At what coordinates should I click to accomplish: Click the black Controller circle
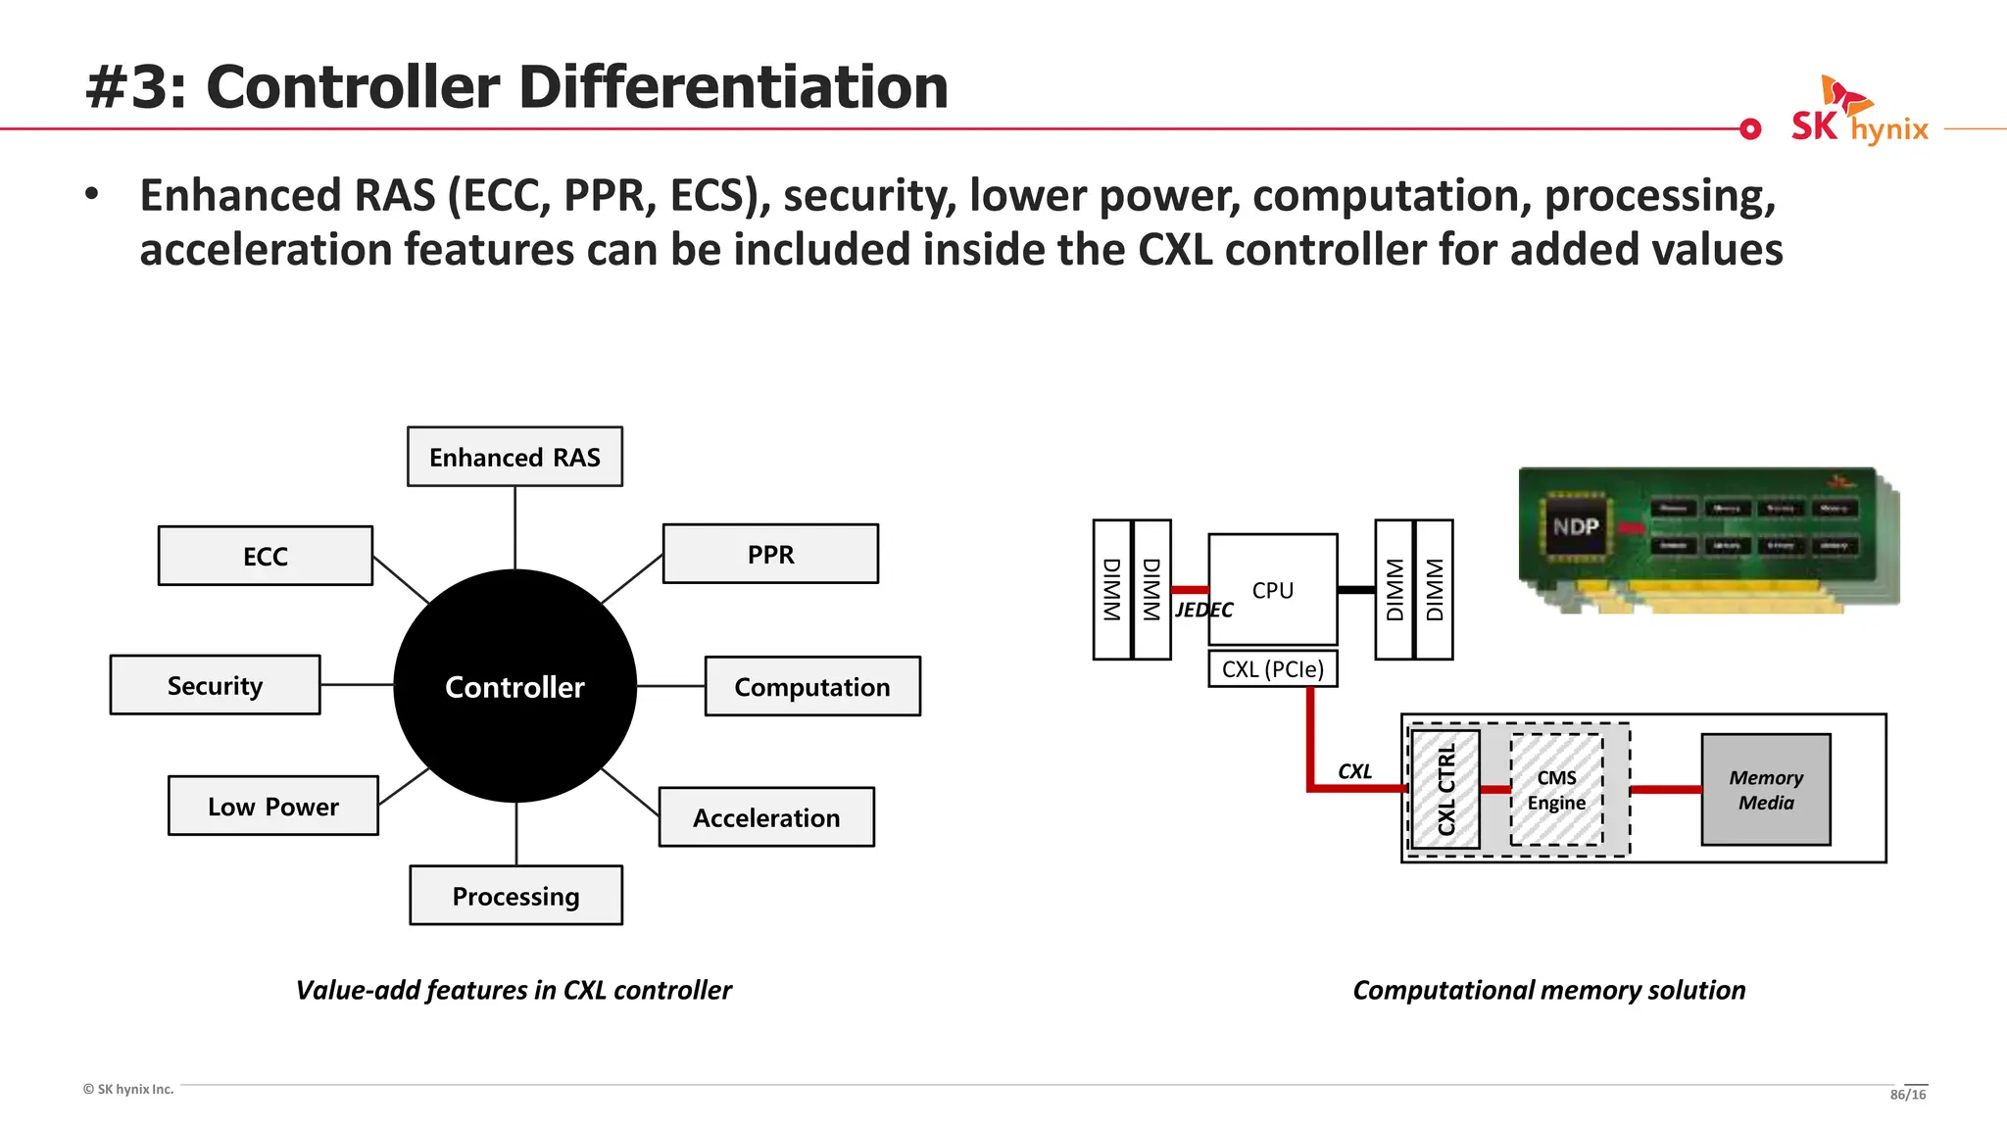514,686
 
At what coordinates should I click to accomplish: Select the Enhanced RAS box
514,457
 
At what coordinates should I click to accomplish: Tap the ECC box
266,556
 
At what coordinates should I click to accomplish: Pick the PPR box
770,554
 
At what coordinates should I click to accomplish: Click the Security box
215,685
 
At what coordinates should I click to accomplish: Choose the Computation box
812,686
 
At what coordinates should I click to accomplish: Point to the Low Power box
273,806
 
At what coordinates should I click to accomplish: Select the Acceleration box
766,817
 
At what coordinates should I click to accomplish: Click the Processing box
515,895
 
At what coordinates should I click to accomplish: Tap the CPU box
1272,589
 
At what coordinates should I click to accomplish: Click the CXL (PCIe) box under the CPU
1272,669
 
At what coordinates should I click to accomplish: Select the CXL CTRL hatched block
1445,789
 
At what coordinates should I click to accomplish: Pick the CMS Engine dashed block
1556,790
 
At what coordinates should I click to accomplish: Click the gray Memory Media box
1765,790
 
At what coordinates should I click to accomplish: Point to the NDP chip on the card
1575,527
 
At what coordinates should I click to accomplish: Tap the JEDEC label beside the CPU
1203,611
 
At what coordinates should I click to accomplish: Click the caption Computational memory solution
1548,990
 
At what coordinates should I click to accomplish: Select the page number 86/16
1907,1095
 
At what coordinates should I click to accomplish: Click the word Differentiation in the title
733,87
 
